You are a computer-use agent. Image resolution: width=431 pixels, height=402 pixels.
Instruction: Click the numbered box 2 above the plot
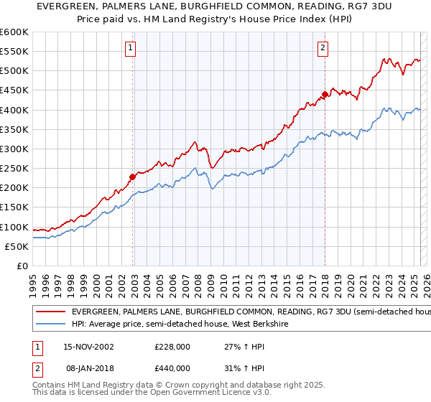[x=323, y=48]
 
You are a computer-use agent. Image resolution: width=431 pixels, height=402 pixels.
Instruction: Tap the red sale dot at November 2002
[x=132, y=177]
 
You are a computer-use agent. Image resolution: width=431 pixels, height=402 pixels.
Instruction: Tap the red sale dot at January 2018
[x=325, y=94]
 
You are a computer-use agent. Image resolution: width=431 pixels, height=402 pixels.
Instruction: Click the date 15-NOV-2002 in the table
[x=88, y=347]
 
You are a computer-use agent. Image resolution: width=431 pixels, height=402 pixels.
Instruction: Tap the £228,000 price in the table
[x=172, y=347]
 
